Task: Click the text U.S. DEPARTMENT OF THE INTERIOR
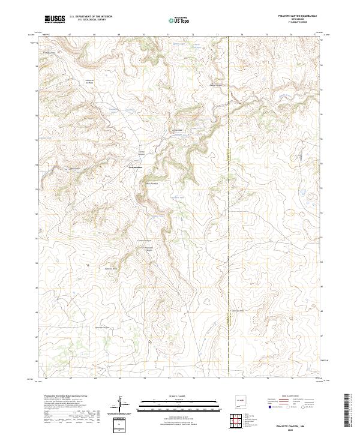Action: pos(91,16)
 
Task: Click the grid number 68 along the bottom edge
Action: pos(95,379)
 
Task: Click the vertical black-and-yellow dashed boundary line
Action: pos(229,180)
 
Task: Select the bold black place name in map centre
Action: pos(136,166)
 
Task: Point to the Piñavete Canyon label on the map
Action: pos(151,249)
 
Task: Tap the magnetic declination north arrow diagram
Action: pos(120,404)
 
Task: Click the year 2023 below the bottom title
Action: pos(292,428)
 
